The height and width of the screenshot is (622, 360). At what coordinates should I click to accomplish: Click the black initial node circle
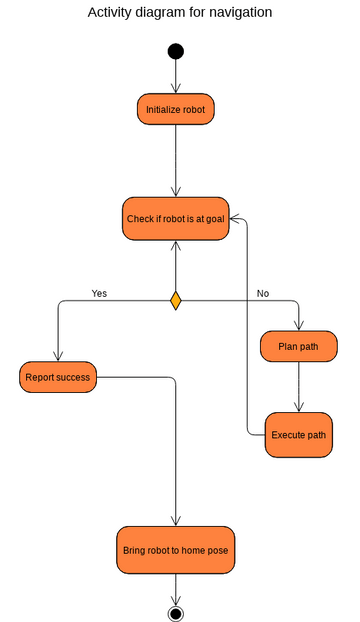click(x=176, y=52)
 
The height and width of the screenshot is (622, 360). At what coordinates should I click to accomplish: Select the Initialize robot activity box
click(x=176, y=109)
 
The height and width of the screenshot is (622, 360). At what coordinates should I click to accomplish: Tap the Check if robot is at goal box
click(x=176, y=218)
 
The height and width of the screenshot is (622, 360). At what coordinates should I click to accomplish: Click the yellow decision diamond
click(x=176, y=300)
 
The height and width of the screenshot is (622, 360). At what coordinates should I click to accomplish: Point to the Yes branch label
click(x=99, y=293)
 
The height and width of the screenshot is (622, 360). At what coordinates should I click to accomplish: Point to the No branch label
click(x=263, y=293)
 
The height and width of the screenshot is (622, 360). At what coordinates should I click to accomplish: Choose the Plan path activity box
click(x=299, y=346)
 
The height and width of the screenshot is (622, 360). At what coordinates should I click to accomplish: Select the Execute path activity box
click(x=299, y=435)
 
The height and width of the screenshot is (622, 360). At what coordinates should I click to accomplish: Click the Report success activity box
click(x=58, y=377)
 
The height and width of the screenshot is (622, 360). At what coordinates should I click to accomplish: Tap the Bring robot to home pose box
click(x=176, y=550)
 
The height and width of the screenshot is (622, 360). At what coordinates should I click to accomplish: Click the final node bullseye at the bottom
click(x=176, y=613)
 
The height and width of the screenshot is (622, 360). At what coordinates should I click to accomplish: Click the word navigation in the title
click(x=234, y=13)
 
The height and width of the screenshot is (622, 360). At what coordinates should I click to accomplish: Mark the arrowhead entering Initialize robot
click(x=176, y=89)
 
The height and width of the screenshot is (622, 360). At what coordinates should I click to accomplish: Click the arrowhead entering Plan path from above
click(x=299, y=325)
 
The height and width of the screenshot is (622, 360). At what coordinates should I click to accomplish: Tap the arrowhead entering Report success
click(x=58, y=356)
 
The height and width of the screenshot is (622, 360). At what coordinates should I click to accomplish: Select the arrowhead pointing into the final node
click(x=176, y=600)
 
